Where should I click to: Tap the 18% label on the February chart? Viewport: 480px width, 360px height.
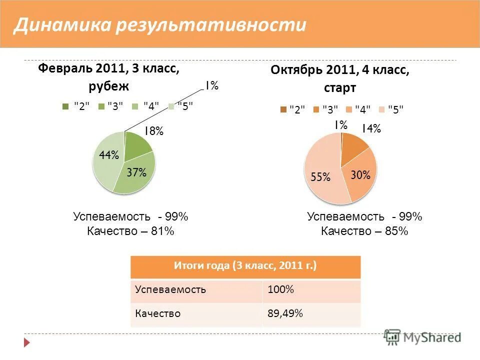(x=154, y=131)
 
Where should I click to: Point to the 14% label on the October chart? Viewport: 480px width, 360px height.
(x=371, y=129)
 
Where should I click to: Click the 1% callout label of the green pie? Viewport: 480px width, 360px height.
(x=210, y=86)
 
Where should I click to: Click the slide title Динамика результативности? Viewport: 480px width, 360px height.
(x=159, y=25)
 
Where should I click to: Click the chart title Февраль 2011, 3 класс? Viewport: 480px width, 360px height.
(x=108, y=68)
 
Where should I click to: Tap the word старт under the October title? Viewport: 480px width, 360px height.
(x=339, y=88)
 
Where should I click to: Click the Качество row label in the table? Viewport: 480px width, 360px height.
(x=157, y=314)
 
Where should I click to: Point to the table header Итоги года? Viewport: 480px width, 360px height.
(x=245, y=266)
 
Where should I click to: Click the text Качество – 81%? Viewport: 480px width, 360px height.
(x=130, y=231)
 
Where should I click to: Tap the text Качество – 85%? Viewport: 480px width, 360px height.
(x=364, y=231)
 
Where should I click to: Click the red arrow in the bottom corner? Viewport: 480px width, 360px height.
(x=27, y=343)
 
